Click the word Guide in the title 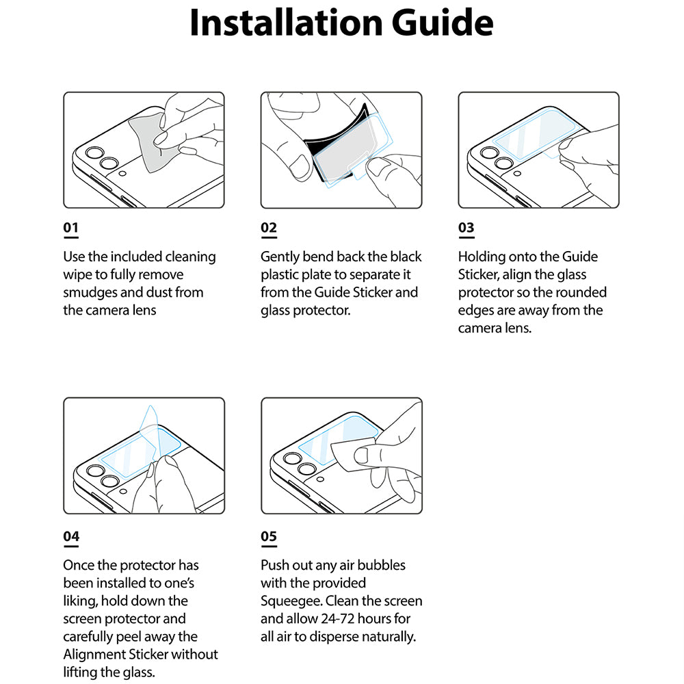442,23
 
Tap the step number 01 71,228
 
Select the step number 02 269,228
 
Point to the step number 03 466,228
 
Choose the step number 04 71,536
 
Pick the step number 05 269,536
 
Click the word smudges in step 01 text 90,293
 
